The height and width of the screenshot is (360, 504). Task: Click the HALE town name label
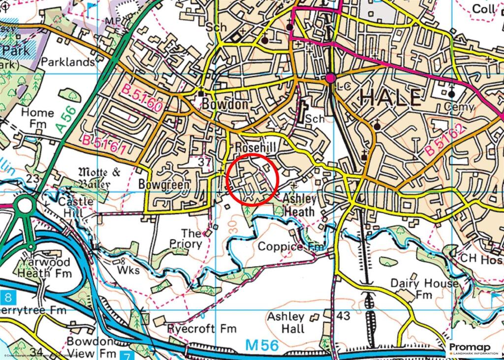pyautogui.click(x=390, y=98)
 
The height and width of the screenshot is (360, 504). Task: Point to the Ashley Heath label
pyautogui.click(x=298, y=205)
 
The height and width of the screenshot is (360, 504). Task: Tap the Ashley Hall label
pyautogui.click(x=286, y=323)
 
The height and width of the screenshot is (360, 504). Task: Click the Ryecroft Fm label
pyautogui.click(x=202, y=328)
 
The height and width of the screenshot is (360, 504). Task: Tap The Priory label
pyautogui.click(x=187, y=238)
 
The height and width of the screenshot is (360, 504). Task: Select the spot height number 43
pyautogui.click(x=344, y=315)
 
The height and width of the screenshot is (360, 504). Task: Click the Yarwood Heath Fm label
pyautogui.click(x=46, y=267)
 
